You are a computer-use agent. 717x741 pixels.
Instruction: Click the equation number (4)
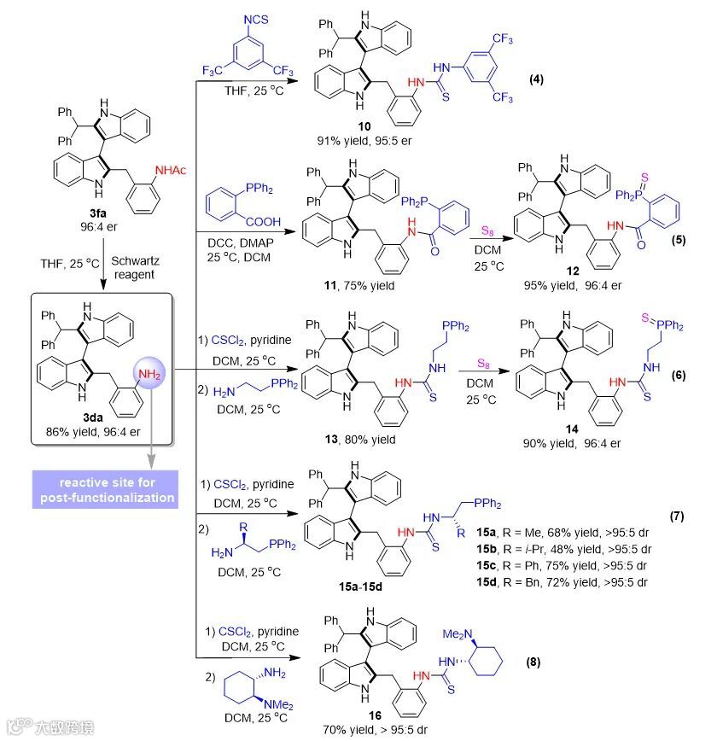pos(536,80)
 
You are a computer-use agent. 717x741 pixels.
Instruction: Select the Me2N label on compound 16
pos(453,632)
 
